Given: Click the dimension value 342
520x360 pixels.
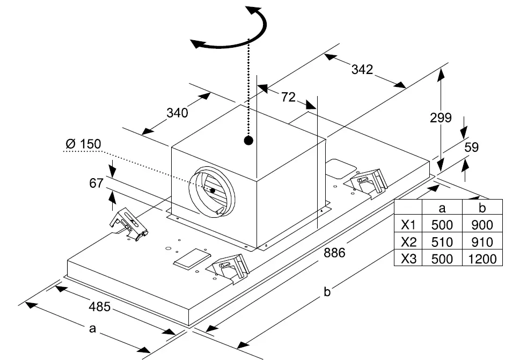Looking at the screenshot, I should (362, 70).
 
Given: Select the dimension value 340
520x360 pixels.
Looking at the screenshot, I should (177, 113).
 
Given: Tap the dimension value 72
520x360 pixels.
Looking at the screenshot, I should (288, 97).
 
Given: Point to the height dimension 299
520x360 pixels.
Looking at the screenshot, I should (441, 117).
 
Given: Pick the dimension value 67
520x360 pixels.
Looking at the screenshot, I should (97, 183).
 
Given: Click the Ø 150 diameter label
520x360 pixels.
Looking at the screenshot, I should (83, 144).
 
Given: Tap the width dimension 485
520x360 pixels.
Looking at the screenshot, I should (100, 307).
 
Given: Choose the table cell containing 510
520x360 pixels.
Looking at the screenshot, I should (442, 241).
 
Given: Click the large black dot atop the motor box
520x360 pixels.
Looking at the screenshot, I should (248, 141).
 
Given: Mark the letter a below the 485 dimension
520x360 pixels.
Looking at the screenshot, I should (92, 328).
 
